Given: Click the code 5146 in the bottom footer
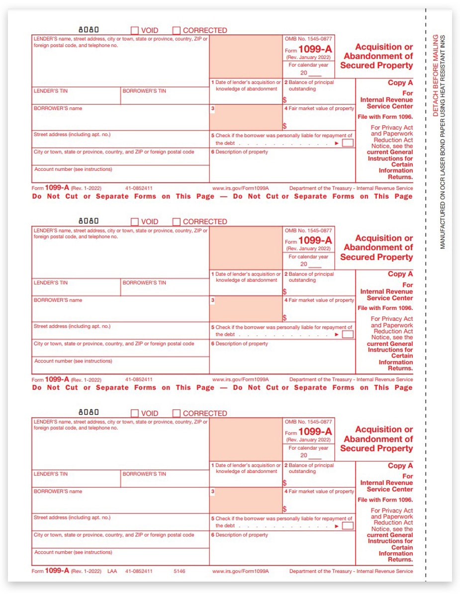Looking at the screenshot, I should [179, 571].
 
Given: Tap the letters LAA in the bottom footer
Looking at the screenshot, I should [112, 571].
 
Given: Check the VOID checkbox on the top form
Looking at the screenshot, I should [135, 30].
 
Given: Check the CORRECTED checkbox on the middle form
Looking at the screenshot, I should [177, 222].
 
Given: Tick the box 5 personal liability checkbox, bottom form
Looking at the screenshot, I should [348, 525].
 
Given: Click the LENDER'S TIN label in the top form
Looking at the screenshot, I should [51, 91].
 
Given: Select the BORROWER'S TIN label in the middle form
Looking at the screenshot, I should [144, 283].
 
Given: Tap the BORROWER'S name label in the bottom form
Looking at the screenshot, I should [58, 492].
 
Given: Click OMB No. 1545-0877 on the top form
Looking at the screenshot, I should [308, 38].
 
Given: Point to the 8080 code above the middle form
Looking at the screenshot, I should [89, 221].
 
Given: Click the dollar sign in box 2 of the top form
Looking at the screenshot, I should [285, 100].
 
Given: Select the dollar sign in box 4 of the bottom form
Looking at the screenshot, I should [285, 509].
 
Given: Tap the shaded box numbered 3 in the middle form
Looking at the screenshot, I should [246, 308].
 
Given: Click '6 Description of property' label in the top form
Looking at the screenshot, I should [239, 152].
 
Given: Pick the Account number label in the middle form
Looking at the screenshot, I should [73, 361].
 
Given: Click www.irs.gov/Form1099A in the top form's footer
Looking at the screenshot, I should [241, 189].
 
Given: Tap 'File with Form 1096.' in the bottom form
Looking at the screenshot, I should [385, 500].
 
